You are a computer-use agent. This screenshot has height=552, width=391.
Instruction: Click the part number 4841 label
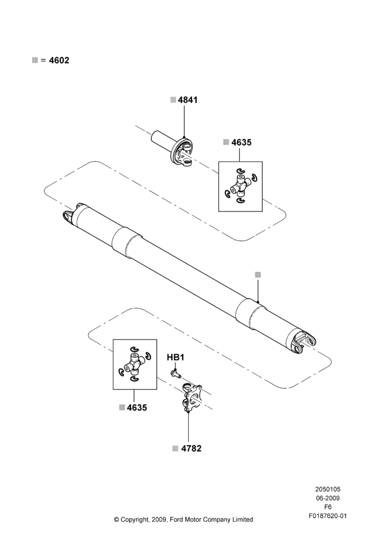tap(188, 100)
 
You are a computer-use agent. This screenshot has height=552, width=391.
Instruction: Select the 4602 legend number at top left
tap(59, 60)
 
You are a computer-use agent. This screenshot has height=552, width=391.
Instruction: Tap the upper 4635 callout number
tap(241, 142)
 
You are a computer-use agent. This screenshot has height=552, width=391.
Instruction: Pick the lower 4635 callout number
tap(137, 408)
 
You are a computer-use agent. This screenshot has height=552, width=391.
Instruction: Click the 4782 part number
tap(191, 448)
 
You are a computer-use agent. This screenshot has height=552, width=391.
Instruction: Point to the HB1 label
tap(176, 358)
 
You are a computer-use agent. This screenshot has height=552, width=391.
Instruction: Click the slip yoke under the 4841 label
tap(173, 147)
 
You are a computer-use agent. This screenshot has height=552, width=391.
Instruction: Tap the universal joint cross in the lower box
tap(135, 364)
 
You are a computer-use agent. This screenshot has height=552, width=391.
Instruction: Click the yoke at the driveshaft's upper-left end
tap(72, 215)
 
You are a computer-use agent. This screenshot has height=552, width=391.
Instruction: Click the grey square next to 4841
tap(173, 100)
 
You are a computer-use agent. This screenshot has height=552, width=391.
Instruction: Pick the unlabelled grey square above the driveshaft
tap(258, 274)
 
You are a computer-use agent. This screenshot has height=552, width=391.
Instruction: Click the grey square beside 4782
tap(176, 448)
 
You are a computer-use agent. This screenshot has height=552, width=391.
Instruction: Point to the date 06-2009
tap(327, 498)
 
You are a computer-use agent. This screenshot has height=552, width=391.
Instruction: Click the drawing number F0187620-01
tap(327, 516)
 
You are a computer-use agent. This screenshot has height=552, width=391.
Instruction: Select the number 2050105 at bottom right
tap(327, 489)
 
